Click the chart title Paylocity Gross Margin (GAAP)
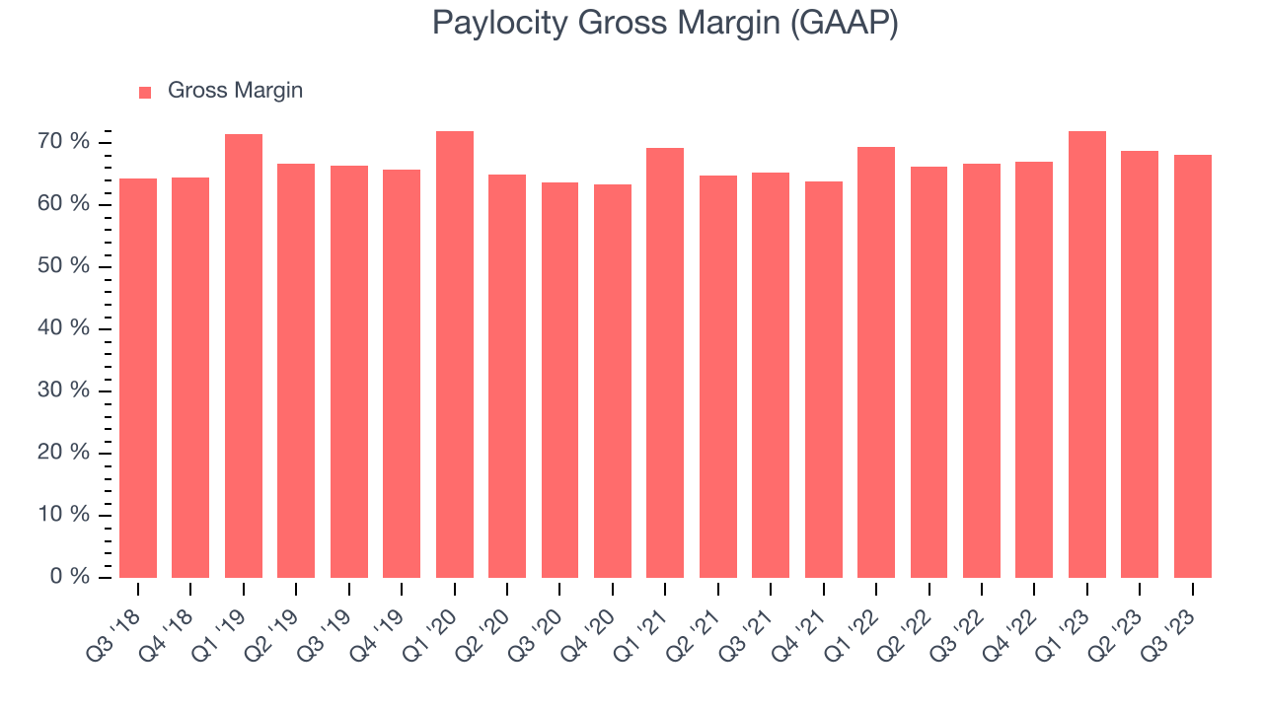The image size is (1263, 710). pyautogui.click(x=665, y=24)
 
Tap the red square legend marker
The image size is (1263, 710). pyautogui.click(x=145, y=92)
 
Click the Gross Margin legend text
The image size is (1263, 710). pyautogui.click(x=235, y=91)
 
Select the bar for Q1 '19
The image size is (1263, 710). pyautogui.click(x=244, y=355)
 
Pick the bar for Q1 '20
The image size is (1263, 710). pyautogui.click(x=455, y=354)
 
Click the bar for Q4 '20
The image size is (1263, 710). pyautogui.click(x=613, y=381)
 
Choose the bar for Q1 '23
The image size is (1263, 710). pyautogui.click(x=1086, y=354)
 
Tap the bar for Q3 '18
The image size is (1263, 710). pyautogui.click(x=138, y=378)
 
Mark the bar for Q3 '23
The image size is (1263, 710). pyautogui.click(x=1192, y=366)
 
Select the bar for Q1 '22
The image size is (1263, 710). pyautogui.click(x=876, y=362)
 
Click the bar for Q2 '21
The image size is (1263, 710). pyautogui.click(x=718, y=376)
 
